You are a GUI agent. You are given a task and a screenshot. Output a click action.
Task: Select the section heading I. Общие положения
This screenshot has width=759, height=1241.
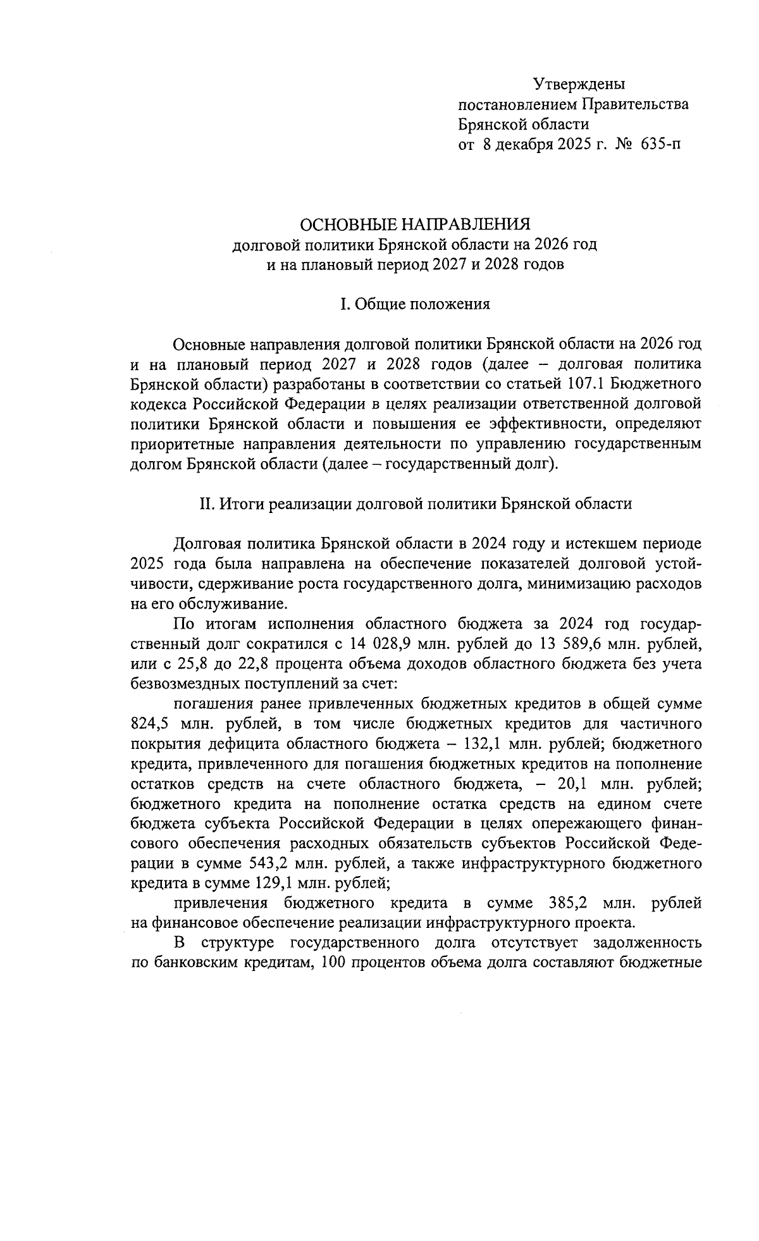pos(415,305)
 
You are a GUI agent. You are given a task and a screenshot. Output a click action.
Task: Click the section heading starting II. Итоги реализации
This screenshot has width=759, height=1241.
pos(415,503)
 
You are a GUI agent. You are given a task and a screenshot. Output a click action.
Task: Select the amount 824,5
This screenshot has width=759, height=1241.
pos(149,724)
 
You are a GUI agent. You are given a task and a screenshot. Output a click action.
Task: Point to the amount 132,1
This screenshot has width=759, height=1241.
pos(560,744)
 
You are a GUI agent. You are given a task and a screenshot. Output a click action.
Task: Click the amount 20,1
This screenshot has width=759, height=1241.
pos(573,784)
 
